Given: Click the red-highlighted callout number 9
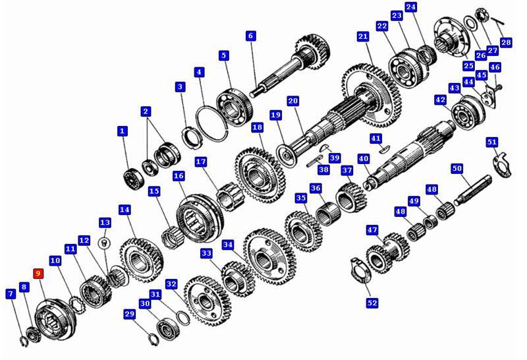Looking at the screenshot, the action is click(x=38, y=274).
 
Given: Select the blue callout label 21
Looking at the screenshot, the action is click(x=363, y=36).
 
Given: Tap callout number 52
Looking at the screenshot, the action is click(x=372, y=303).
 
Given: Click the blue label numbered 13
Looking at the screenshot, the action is click(x=105, y=222).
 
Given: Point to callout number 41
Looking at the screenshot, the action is click(x=375, y=138).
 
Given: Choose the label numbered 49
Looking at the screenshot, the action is click(x=414, y=201).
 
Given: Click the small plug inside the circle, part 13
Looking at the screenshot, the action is click(x=104, y=243).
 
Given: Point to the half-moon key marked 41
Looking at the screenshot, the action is click(x=383, y=150).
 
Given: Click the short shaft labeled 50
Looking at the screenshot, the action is click(x=473, y=190).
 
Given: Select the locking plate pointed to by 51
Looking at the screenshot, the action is click(x=503, y=165).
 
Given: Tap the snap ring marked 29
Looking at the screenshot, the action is click(x=153, y=339).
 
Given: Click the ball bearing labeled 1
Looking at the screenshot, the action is click(x=134, y=179).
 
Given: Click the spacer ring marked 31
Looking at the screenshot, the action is click(x=183, y=318).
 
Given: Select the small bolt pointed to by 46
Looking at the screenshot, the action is click(x=499, y=87).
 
